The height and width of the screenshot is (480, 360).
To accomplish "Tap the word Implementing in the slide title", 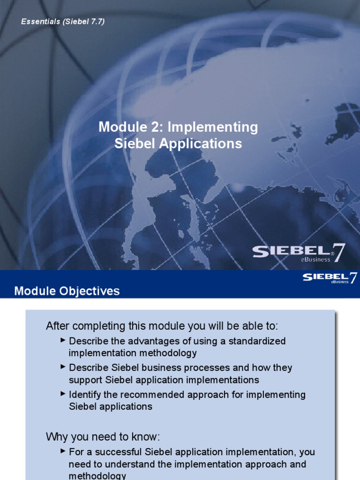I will tap(212, 127).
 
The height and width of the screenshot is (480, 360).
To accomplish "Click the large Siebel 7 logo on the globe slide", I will tap(299, 253).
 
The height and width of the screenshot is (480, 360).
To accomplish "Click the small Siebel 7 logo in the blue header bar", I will tap(330, 278).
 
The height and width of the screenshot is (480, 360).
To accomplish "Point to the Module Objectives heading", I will tap(67, 291).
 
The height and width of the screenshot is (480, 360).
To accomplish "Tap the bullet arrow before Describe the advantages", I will tap(63, 339).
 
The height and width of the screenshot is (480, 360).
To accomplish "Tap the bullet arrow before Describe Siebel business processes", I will tap(63, 366).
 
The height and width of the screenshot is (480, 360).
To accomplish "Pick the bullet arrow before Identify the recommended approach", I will tap(63, 393).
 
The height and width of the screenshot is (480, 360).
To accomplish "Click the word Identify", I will tap(84, 394).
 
